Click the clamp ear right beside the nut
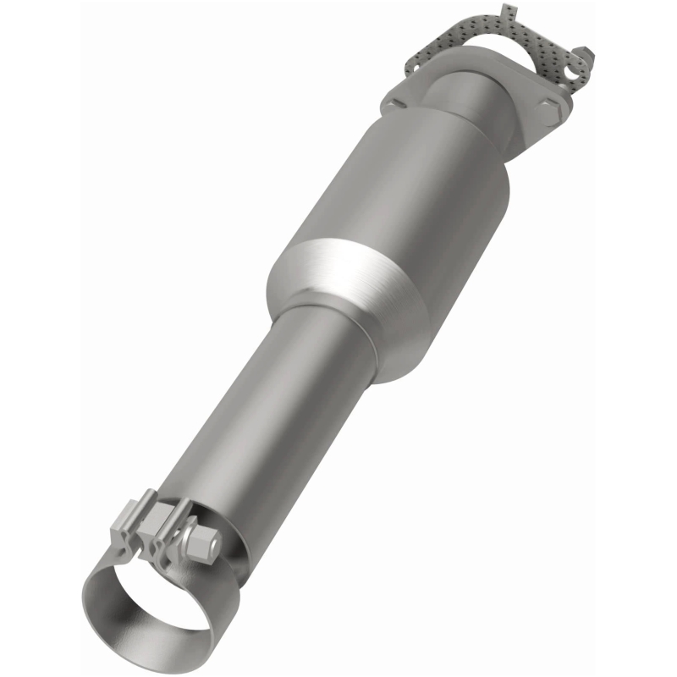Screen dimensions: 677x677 click(x=180, y=520)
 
